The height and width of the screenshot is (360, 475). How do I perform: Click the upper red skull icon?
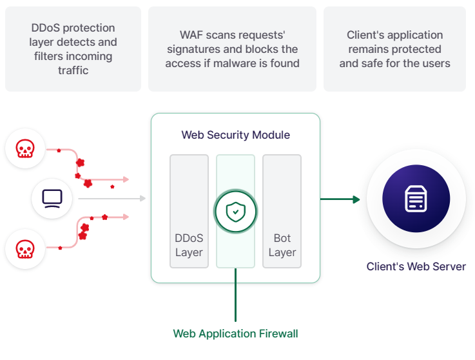pyautogui.click(x=25, y=148)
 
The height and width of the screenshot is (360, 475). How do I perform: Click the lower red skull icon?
pyautogui.click(x=25, y=249)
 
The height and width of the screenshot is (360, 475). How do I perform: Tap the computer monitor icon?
pyautogui.click(x=52, y=199)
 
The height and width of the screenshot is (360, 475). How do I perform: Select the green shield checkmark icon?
pyautogui.click(x=236, y=212)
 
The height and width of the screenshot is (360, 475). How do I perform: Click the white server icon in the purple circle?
pyautogui.click(x=416, y=199)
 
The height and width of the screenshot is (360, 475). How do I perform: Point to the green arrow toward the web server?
pyautogui.click(x=340, y=199)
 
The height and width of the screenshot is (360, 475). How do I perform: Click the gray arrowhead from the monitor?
pyautogui.click(x=142, y=198)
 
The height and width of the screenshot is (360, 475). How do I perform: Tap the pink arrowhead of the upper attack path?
pyautogui.click(x=126, y=179)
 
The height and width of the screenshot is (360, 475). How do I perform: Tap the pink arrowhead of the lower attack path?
pyautogui.click(x=126, y=217)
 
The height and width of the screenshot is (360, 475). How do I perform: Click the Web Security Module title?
pyautogui.click(x=236, y=135)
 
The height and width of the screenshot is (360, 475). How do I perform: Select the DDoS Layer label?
pyautogui.click(x=189, y=245)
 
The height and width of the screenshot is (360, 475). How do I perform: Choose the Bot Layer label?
pyautogui.click(x=282, y=245)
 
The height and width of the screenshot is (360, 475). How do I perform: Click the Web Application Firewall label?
pyautogui.click(x=236, y=334)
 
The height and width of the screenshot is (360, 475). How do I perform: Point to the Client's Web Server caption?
pyautogui.click(x=416, y=266)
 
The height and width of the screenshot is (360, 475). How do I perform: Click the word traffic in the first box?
pyautogui.click(x=73, y=70)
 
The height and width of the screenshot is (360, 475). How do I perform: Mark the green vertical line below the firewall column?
pyautogui.click(x=235, y=295)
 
